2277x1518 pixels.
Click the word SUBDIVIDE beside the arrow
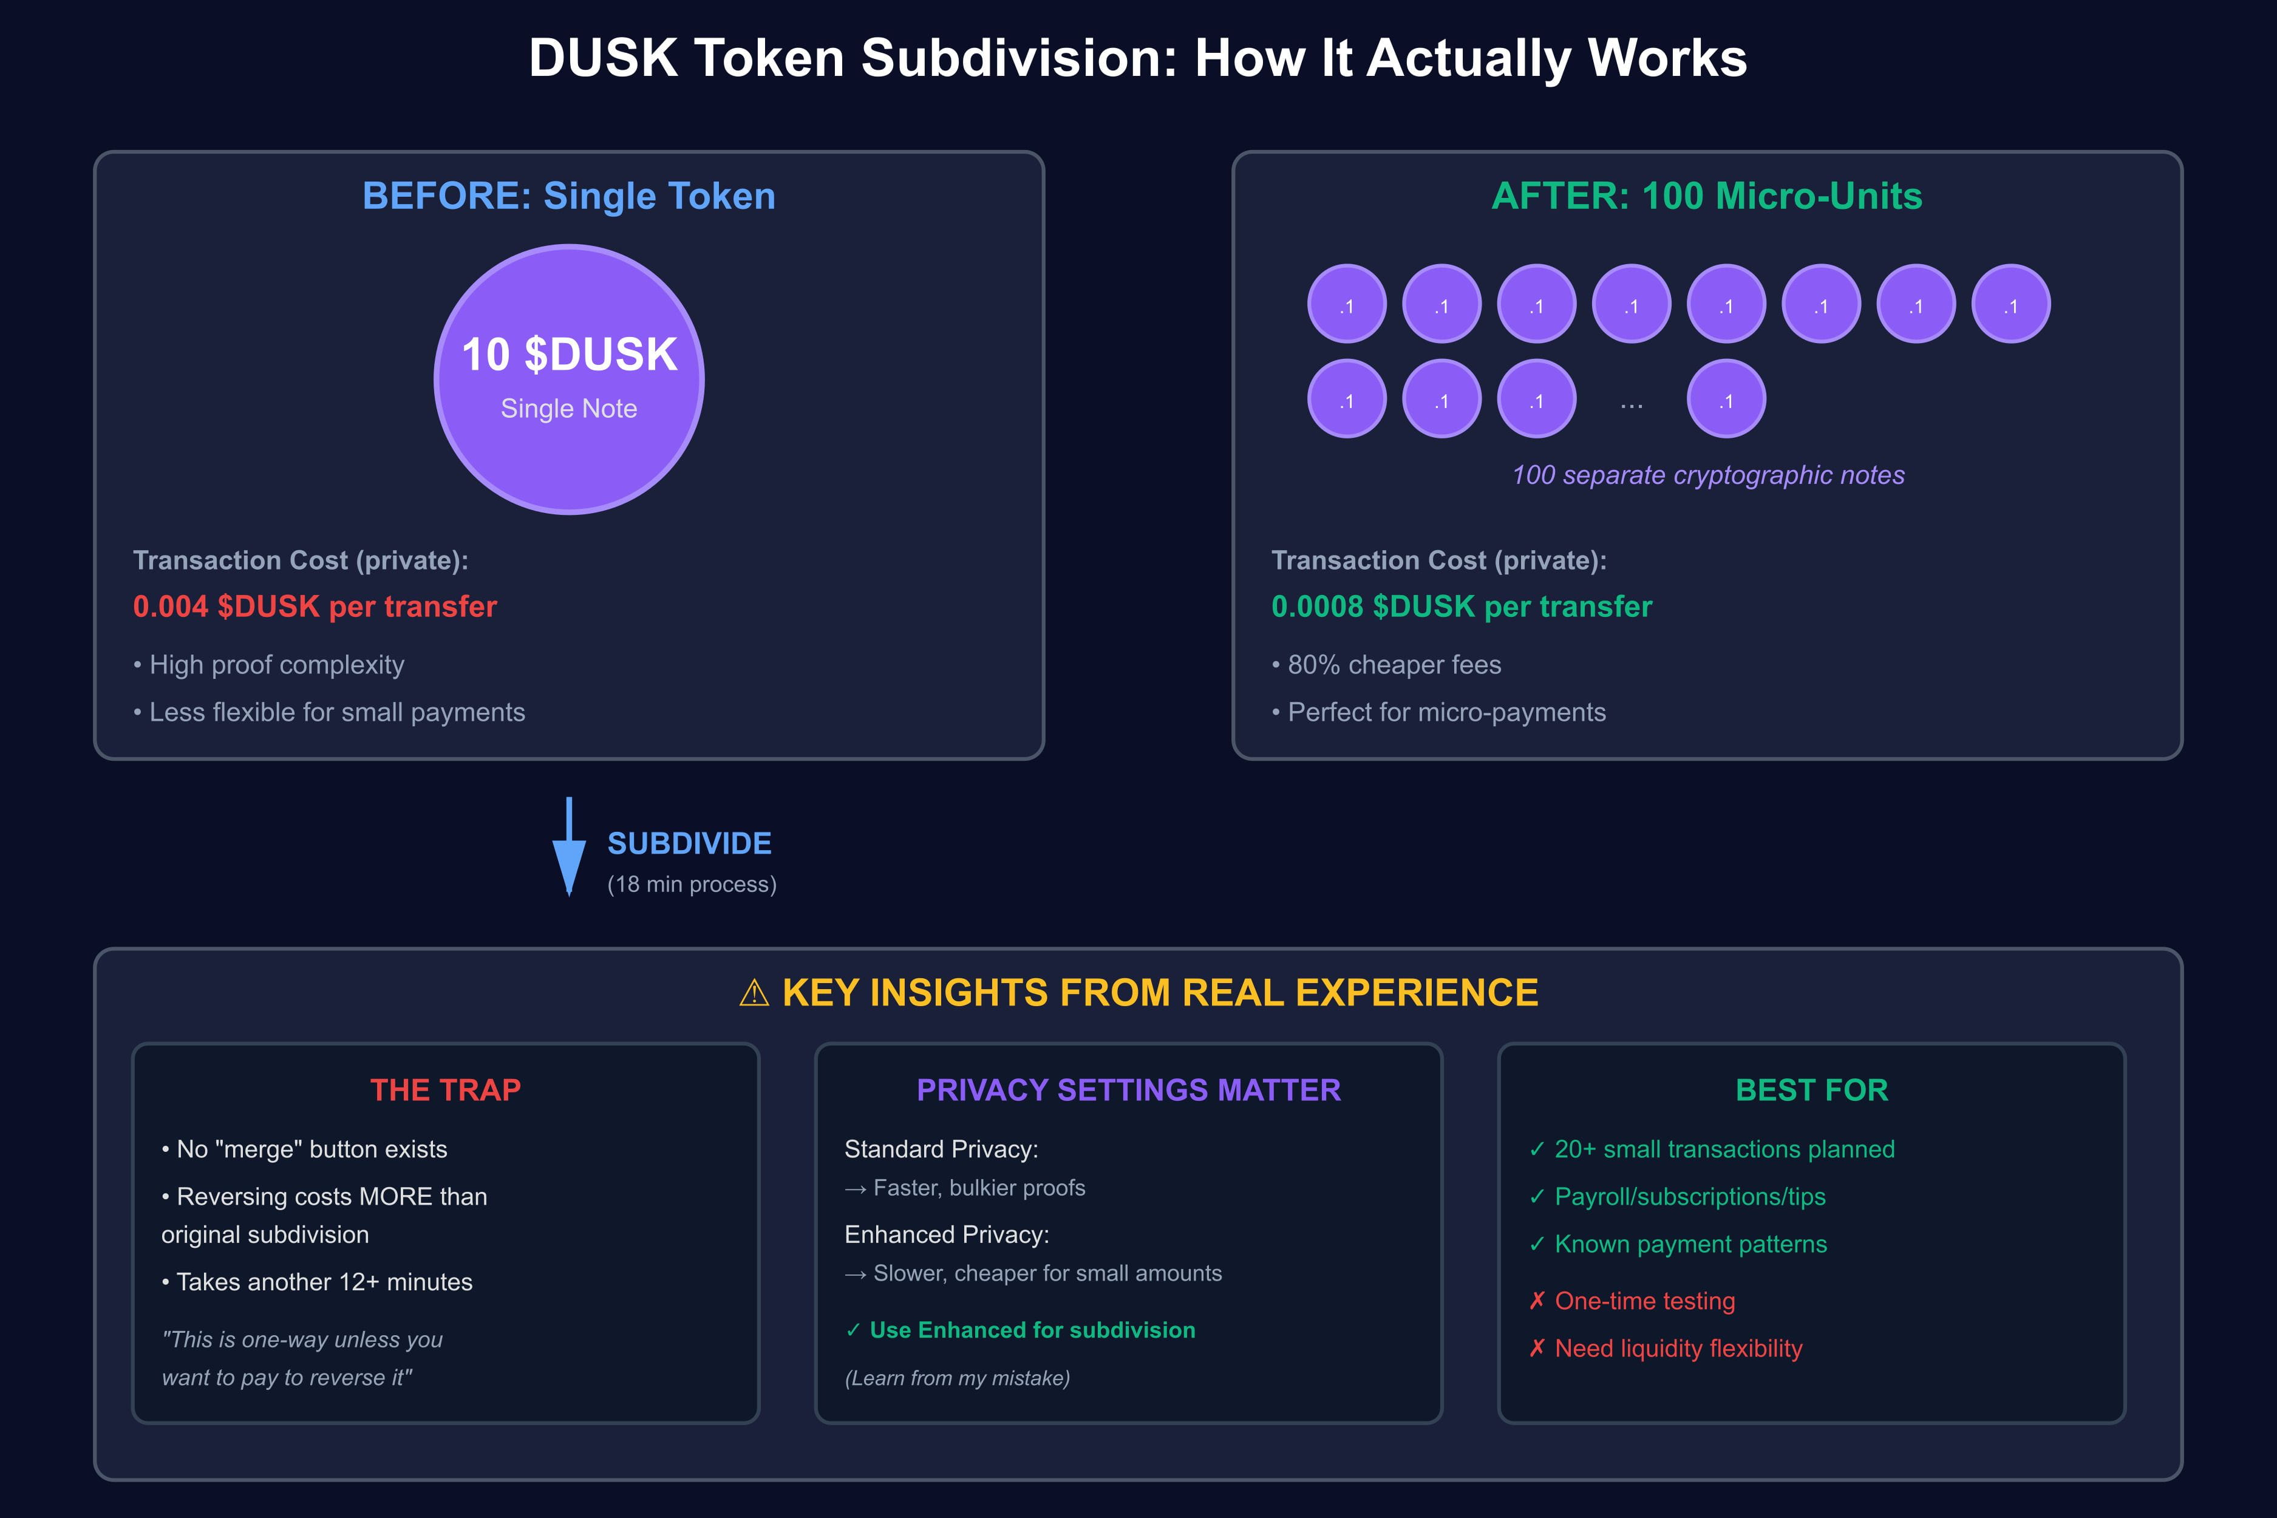tap(689, 843)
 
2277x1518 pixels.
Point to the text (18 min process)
tap(691, 885)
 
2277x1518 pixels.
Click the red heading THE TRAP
tap(445, 1090)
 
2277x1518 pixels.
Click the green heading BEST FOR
tap(1811, 1090)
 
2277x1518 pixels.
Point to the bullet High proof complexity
tap(276, 665)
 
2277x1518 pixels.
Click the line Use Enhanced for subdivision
tap(1032, 1330)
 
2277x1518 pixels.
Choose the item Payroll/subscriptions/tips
tap(1689, 1197)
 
